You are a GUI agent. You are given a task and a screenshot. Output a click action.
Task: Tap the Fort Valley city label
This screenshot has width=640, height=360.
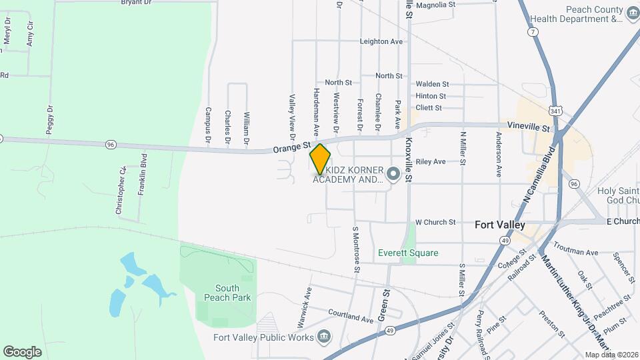tap(500, 225)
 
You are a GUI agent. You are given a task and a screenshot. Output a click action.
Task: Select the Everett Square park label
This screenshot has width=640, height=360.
tap(408, 253)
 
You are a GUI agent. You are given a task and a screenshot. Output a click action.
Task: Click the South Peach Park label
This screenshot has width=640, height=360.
tap(227, 293)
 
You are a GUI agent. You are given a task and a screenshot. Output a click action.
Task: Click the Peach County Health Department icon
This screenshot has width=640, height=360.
tap(631, 12)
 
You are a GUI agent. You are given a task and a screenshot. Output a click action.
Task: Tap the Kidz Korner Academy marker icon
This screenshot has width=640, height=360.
tap(393, 174)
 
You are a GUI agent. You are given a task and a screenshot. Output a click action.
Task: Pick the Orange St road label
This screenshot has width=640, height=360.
tap(292, 145)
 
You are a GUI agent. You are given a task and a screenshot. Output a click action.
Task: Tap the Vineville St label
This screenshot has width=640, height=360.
tap(527, 127)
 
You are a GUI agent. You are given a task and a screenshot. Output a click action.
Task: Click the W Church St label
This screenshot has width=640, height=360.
tap(435, 222)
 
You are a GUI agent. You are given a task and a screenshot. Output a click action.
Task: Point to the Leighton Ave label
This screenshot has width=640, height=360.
tap(381, 41)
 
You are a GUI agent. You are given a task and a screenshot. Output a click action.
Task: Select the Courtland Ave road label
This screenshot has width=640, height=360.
tap(350, 319)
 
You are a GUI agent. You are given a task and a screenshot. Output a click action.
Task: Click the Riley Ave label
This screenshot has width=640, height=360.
tap(430, 162)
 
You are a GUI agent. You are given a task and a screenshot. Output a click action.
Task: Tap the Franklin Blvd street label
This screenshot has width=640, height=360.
tap(142, 175)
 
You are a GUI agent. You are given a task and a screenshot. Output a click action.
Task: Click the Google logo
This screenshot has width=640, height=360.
tap(22, 352)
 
